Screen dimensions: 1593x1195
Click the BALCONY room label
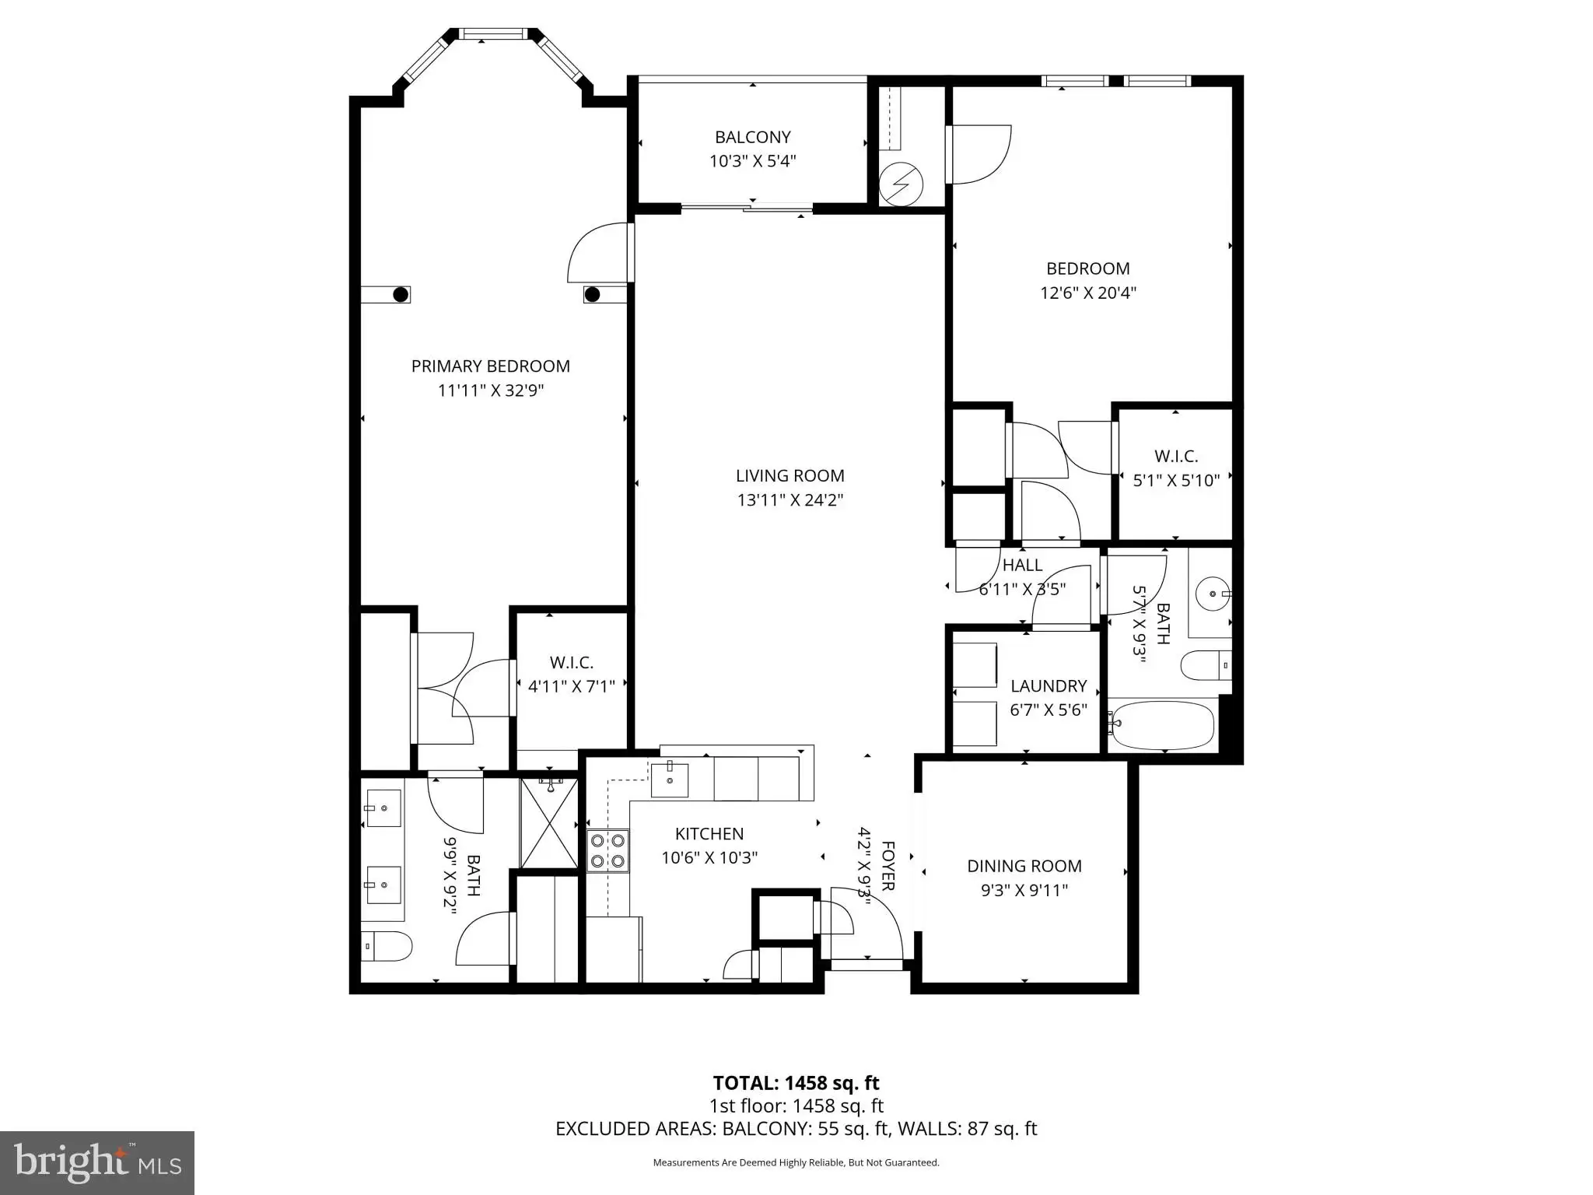tap(752, 137)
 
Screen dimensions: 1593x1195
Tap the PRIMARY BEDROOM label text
tap(490, 366)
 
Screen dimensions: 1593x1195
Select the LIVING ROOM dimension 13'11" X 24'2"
tap(790, 499)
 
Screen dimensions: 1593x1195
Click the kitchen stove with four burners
tap(607, 850)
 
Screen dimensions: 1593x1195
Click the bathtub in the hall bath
tap(1162, 724)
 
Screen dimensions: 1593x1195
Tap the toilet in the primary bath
tap(386, 946)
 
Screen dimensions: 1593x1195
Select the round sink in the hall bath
tap(1212, 594)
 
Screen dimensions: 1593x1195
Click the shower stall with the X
tap(549, 823)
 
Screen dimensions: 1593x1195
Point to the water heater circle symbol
tap(901, 185)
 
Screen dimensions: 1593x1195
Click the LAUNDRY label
tap(1049, 685)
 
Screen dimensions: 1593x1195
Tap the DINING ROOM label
tap(1024, 866)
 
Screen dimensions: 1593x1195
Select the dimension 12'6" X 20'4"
tap(1088, 293)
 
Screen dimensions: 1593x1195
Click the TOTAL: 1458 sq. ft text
tap(796, 1082)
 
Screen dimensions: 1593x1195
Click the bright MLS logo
tap(97, 1162)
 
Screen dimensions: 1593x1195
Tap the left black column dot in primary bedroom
tap(401, 294)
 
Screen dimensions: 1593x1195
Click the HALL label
tap(1022, 565)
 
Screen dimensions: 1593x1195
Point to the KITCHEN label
tap(709, 833)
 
